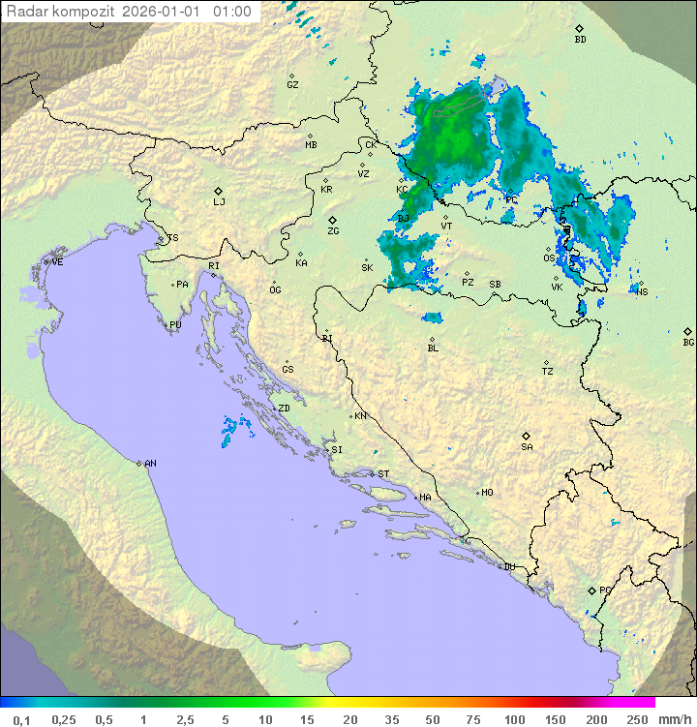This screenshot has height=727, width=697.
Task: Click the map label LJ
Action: tap(219, 201)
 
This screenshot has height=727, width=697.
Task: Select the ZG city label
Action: tap(333, 231)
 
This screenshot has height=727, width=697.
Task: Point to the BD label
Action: tap(580, 40)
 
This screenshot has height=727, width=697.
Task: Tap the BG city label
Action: tap(688, 342)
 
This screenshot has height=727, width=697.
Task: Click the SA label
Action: tap(527, 446)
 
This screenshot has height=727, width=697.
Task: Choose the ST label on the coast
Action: tap(383, 474)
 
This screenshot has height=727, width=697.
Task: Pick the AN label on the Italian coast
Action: tap(150, 464)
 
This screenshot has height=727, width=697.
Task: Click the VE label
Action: tap(57, 262)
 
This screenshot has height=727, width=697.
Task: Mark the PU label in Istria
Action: tap(175, 325)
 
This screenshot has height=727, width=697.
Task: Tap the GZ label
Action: tap(292, 85)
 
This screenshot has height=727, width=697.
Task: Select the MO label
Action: tap(487, 493)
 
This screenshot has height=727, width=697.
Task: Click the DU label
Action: tap(508, 567)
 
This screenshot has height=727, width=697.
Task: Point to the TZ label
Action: tap(548, 372)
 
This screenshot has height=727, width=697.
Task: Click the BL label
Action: tap(433, 348)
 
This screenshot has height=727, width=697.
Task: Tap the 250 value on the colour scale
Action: tap(637, 719)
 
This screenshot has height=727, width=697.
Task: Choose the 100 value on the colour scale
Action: tap(514, 719)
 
